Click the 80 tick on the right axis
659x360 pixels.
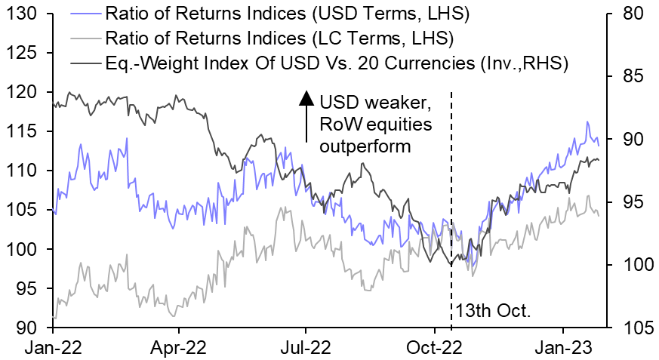tap(633, 14)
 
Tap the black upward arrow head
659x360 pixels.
tap(306, 97)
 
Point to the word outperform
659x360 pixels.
tap(365, 146)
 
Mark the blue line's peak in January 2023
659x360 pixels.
tap(587, 122)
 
